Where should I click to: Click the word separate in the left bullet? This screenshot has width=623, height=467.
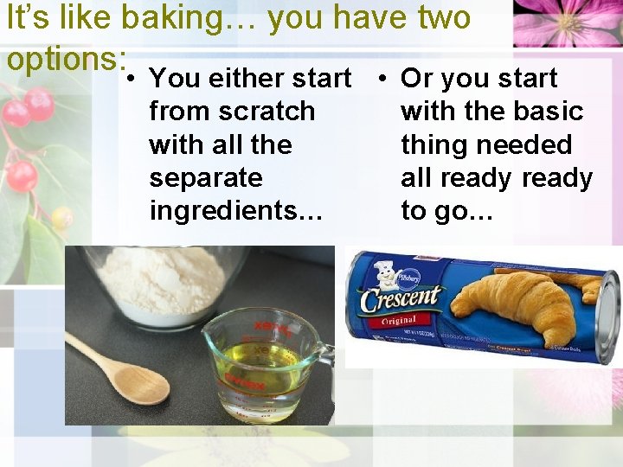[x=205, y=177]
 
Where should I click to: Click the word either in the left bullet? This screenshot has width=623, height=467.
[x=247, y=79]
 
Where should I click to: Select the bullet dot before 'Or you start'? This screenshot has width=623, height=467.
[x=383, y=79]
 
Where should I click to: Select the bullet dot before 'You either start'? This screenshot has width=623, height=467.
[x=130, y=79]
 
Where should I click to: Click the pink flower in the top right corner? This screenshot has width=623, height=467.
[x=567, y=22]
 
